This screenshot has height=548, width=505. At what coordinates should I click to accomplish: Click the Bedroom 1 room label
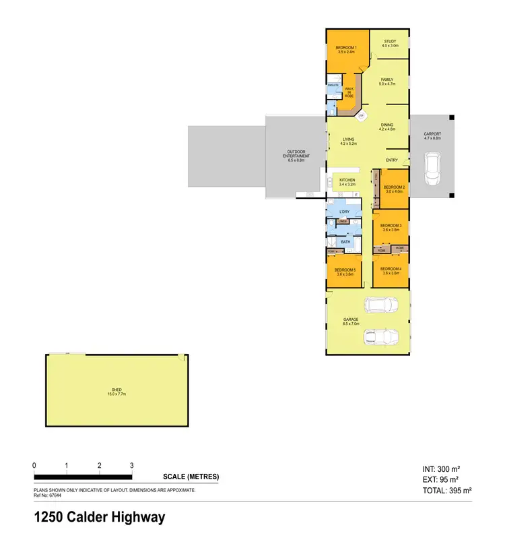click(346, 49)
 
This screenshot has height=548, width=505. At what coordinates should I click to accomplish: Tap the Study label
click(391, 44)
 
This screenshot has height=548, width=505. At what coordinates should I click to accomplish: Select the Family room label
click(386, 82)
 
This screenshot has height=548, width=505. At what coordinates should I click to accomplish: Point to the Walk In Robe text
click(349, 92)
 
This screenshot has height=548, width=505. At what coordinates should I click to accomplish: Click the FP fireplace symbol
click(361, 116)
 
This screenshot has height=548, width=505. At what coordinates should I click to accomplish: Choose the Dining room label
click(386, 127)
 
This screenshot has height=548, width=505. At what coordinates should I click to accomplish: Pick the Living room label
click(347, 142)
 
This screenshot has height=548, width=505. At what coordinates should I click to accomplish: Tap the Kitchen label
click(347, 182)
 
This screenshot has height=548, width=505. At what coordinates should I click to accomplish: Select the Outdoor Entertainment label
click(297, 156)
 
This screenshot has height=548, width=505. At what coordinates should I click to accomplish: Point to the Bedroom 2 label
click(394, 189)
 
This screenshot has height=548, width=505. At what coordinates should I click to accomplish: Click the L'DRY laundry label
click(345, 212)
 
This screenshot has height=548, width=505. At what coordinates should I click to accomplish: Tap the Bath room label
click(345, 241)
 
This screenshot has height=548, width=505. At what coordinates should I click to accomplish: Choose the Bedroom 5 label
click(345, 272)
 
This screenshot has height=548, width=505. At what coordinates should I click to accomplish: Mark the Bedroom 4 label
click(391, 272)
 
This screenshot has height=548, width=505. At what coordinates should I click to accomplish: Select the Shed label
click(117, 392)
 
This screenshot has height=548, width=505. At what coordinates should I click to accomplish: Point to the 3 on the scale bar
click(132, 466)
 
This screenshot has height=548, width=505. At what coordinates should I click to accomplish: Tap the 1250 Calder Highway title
click(100, 518)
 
